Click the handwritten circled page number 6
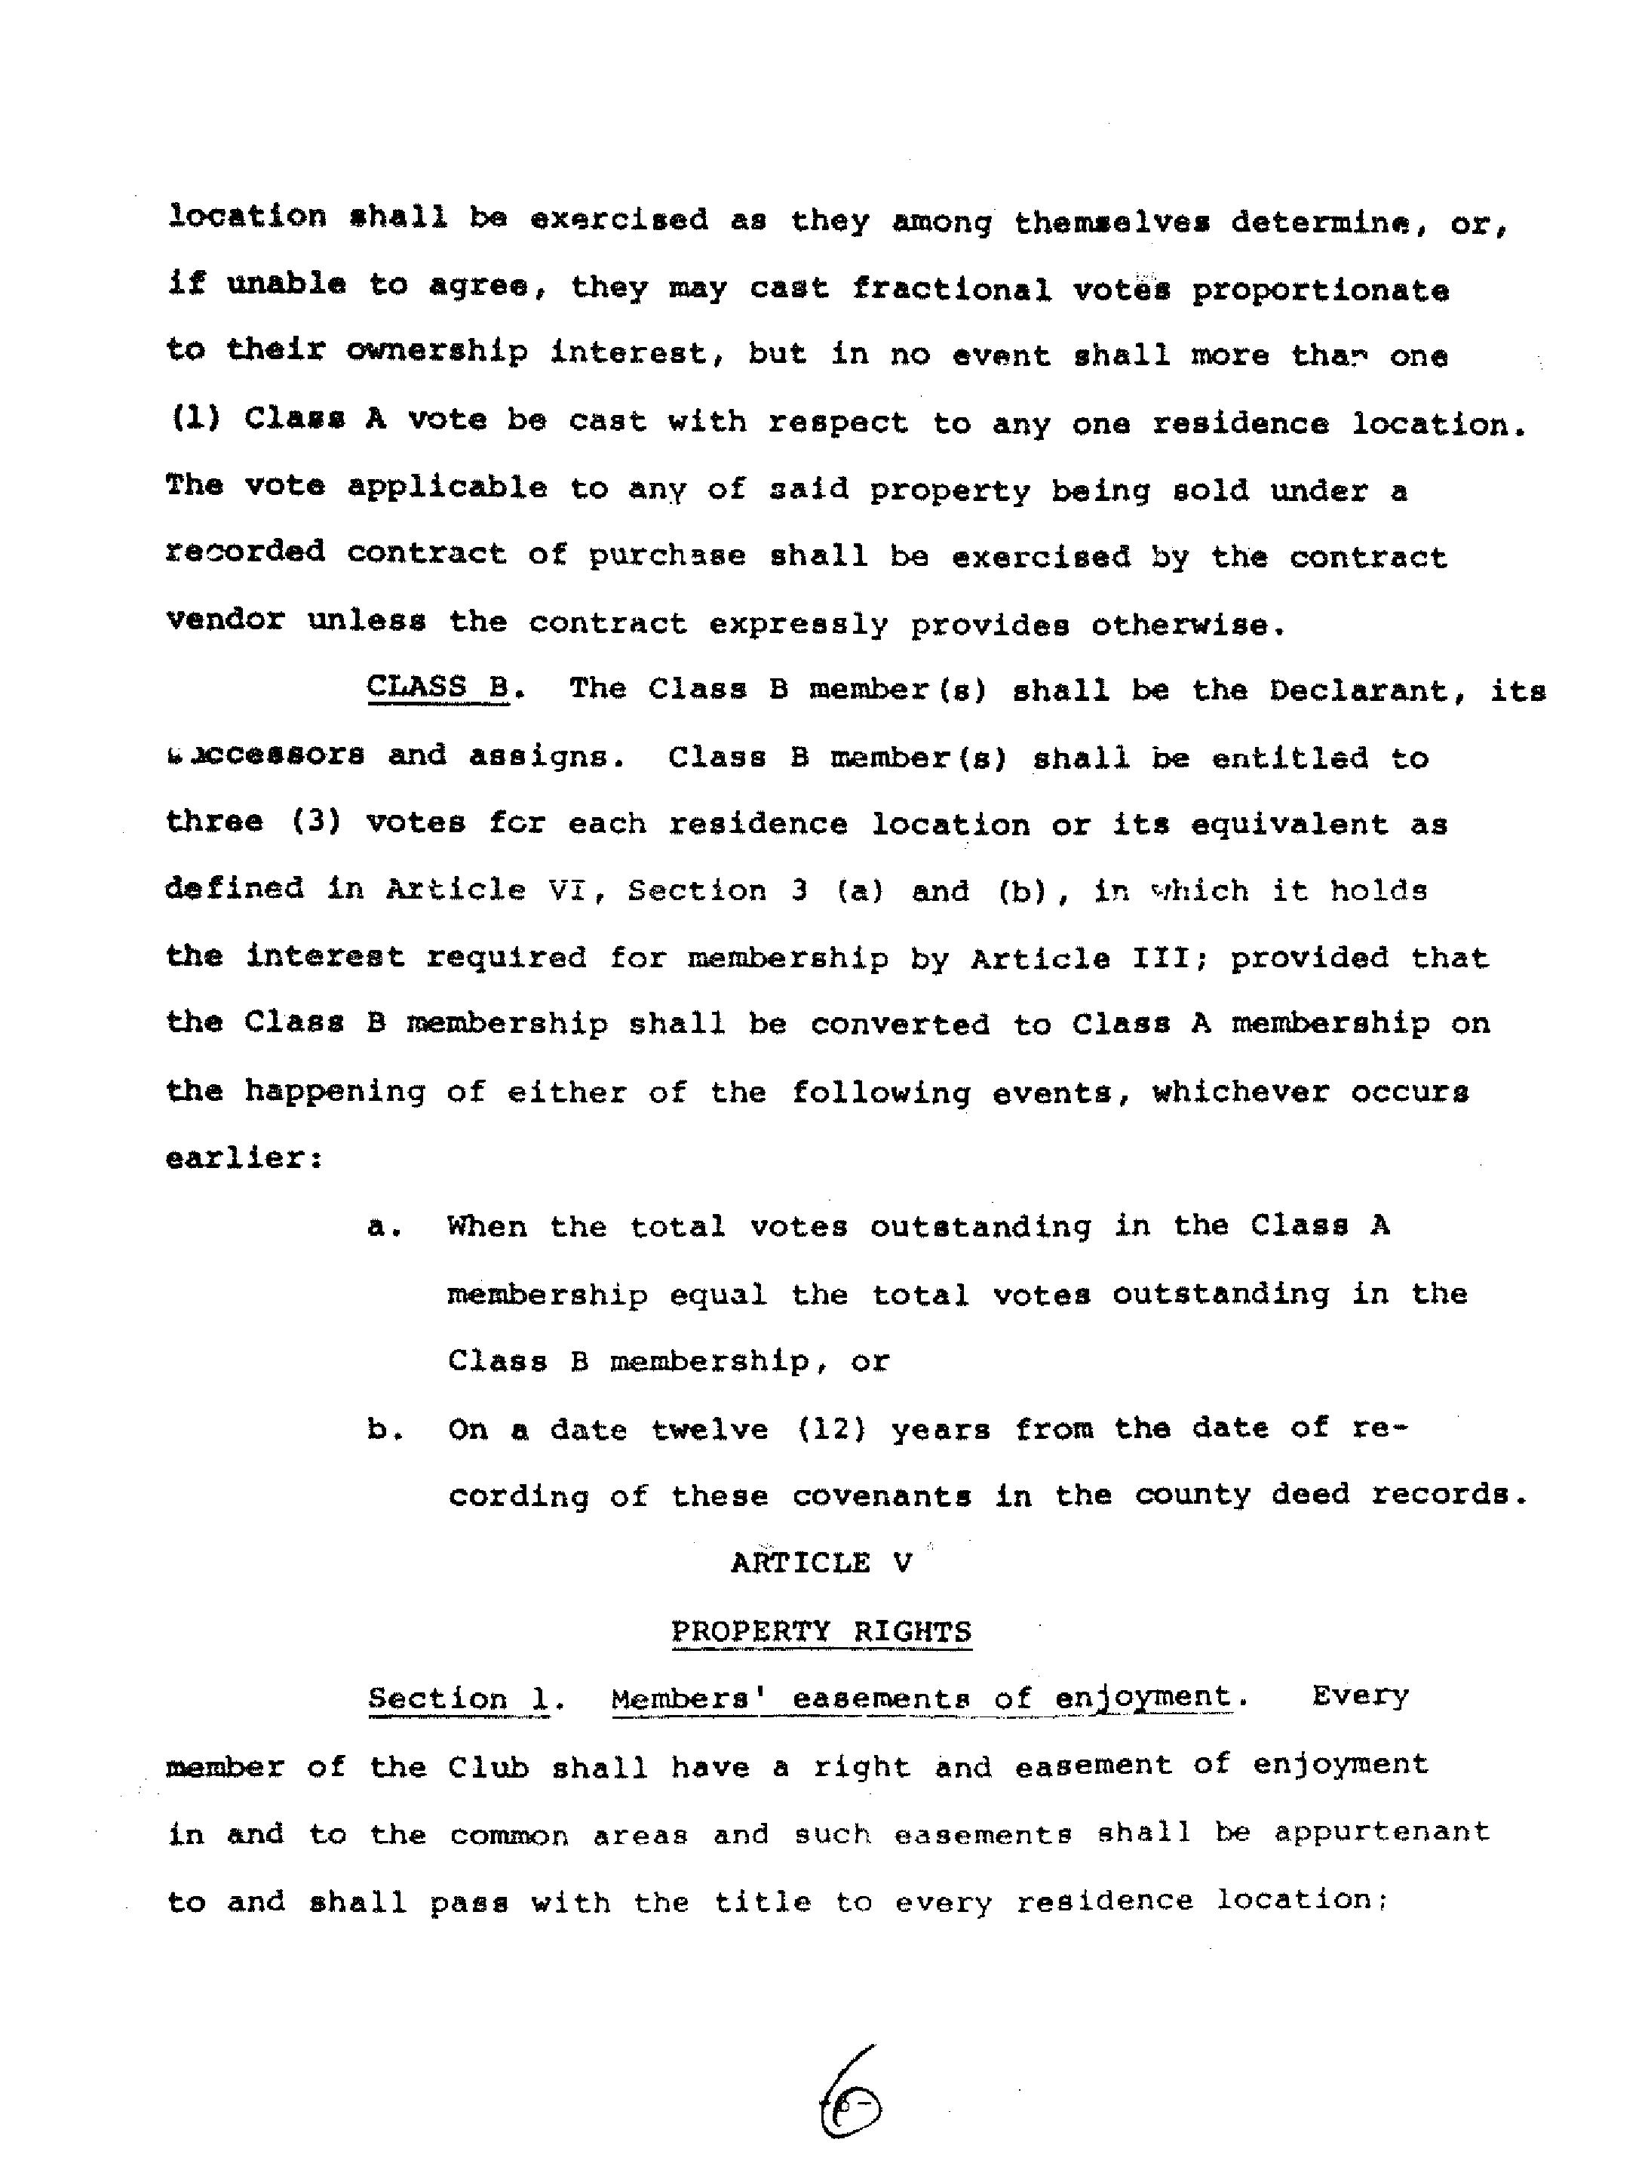[x=851, y=2106]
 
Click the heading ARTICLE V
[x=821, y=1563]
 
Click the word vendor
[x=226, y=622]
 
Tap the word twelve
[x=709, y=1428]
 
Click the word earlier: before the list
[x=244, y=1158]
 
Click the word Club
[x=488, y=1767]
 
